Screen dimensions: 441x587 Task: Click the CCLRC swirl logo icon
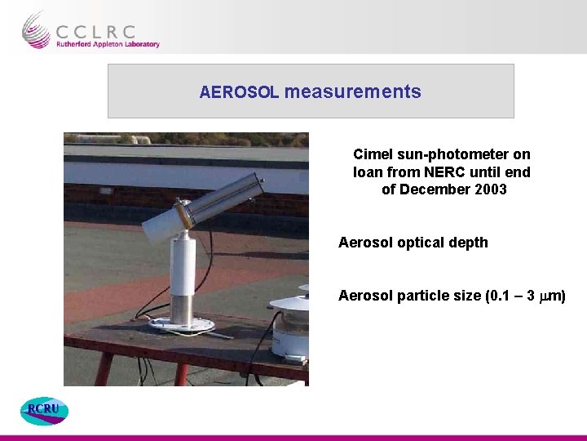tap(36, 30)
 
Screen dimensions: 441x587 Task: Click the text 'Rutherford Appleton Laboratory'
tap(108, 45)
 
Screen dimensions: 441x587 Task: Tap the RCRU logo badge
tap(44, 411)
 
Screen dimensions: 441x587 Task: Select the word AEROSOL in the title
tap(240, 92)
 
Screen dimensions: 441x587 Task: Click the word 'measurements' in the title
tap(353, 91)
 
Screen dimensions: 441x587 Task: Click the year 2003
tap(489, 190)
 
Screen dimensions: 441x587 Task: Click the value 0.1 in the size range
tap(495, 296)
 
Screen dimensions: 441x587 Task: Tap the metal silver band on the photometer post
tap(183, 308)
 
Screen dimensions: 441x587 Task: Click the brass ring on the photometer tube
tap(187, 215)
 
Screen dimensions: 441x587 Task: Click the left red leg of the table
tap(104, 372)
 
